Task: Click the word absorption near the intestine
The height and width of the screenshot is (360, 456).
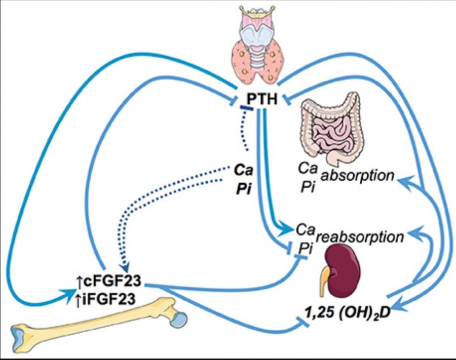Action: pyautogui.click(x=364, y=177)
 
